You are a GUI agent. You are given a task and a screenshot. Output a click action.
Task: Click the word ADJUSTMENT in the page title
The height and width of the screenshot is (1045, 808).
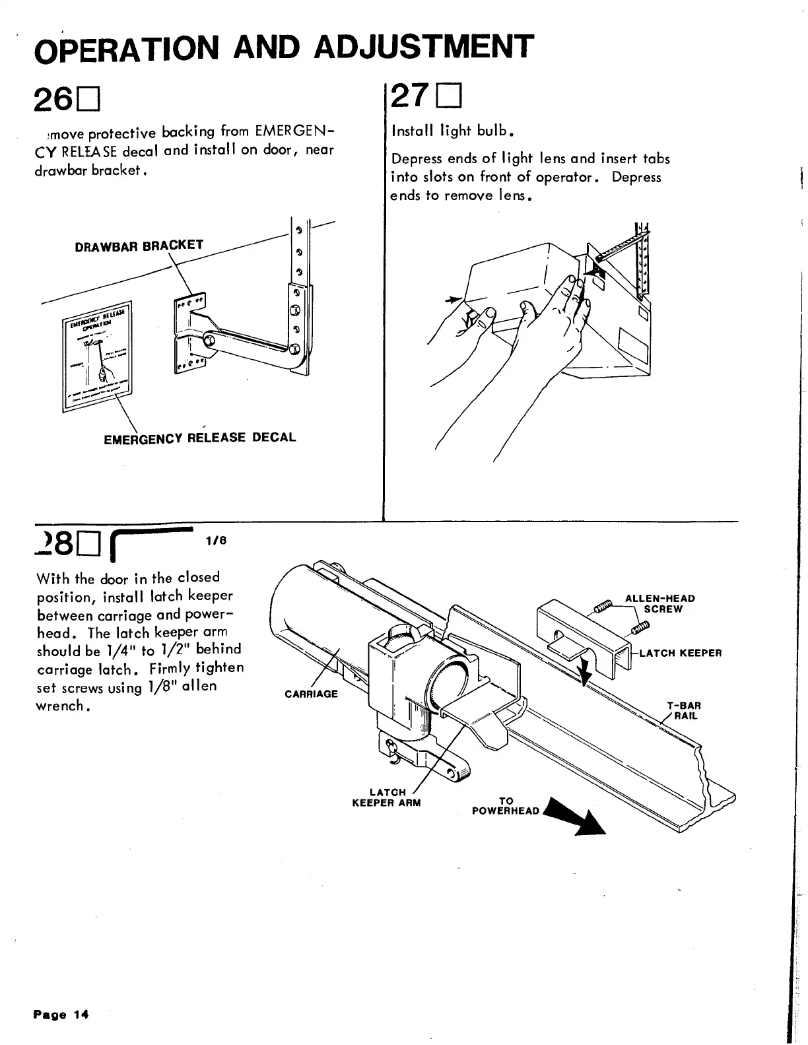tap(423, 47)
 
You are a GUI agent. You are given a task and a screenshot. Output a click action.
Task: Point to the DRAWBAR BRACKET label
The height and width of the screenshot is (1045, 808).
tap(139, 246)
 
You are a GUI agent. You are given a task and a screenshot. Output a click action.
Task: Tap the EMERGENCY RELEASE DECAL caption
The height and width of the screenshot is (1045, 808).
tap(200, 438)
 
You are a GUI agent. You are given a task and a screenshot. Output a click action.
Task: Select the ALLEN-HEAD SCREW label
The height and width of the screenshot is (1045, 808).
tap(659, 603)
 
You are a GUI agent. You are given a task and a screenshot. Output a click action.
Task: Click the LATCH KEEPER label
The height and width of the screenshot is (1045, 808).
tap(680, 654)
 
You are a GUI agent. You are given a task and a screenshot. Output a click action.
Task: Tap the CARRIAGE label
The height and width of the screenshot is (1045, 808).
tap(311, 694)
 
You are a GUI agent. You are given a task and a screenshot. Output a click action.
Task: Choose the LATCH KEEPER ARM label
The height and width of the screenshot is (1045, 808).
tap(386, 797)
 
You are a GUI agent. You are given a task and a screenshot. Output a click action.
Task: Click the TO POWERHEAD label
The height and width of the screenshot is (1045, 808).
tap(506, 806)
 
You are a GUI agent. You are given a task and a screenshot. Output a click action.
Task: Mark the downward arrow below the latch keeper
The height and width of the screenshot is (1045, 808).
tap(584, 674)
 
